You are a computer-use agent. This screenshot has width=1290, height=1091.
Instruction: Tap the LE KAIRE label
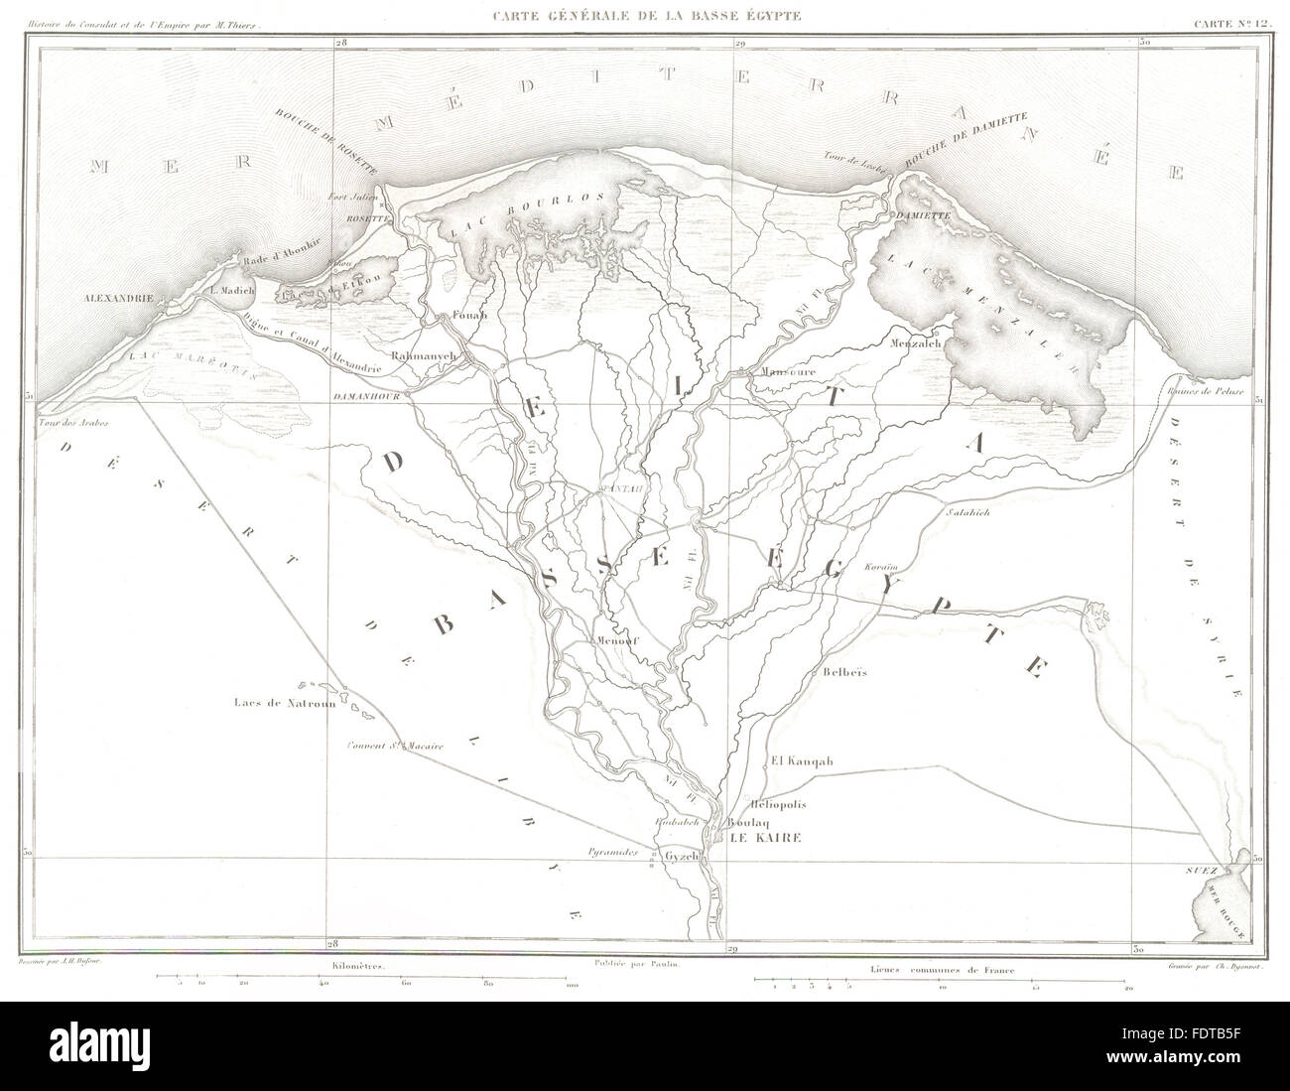pyautogui.click(x=764, y=838)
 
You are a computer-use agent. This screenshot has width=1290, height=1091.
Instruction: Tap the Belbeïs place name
pyautogui.click(x=845, y=672)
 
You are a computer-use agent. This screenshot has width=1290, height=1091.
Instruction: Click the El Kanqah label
pyautogui.click(x=801, y=762)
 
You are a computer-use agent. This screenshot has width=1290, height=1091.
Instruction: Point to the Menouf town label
pyautogui.click(x=616, y=640)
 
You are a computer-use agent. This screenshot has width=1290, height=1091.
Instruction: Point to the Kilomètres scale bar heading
pyautogui.click(x=366, y=964)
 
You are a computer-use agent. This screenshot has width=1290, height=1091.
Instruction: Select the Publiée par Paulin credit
pyautogui.click(x=642, y=963)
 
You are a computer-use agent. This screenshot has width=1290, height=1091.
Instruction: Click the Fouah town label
pyautogui.click(x=466, y=317)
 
